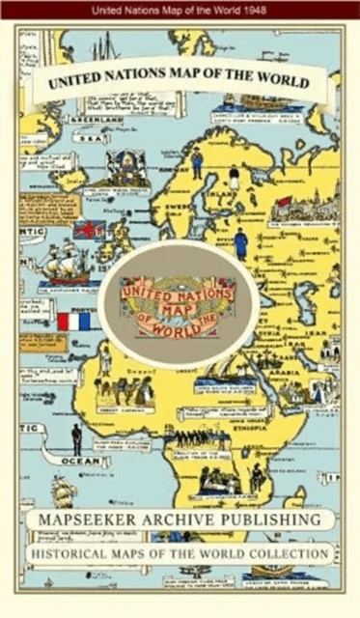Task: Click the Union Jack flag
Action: point(89,230)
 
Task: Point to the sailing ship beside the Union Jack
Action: point(67,264)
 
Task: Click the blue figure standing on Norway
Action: point(197,162)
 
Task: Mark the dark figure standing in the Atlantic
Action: point(76,439)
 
